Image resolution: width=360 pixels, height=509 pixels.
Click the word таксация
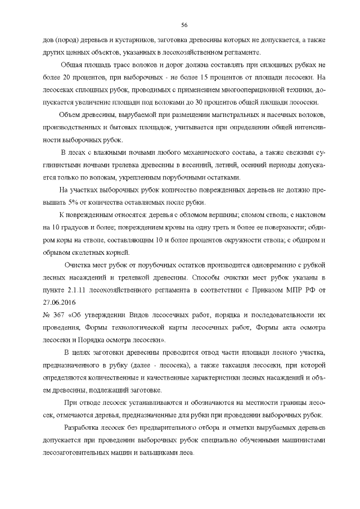point(226,365)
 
